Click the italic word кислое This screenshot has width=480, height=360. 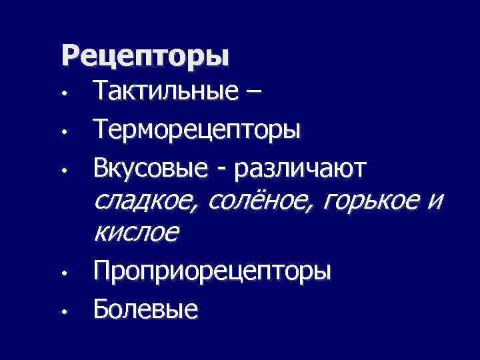pyautogui.click(x=137, y=233)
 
